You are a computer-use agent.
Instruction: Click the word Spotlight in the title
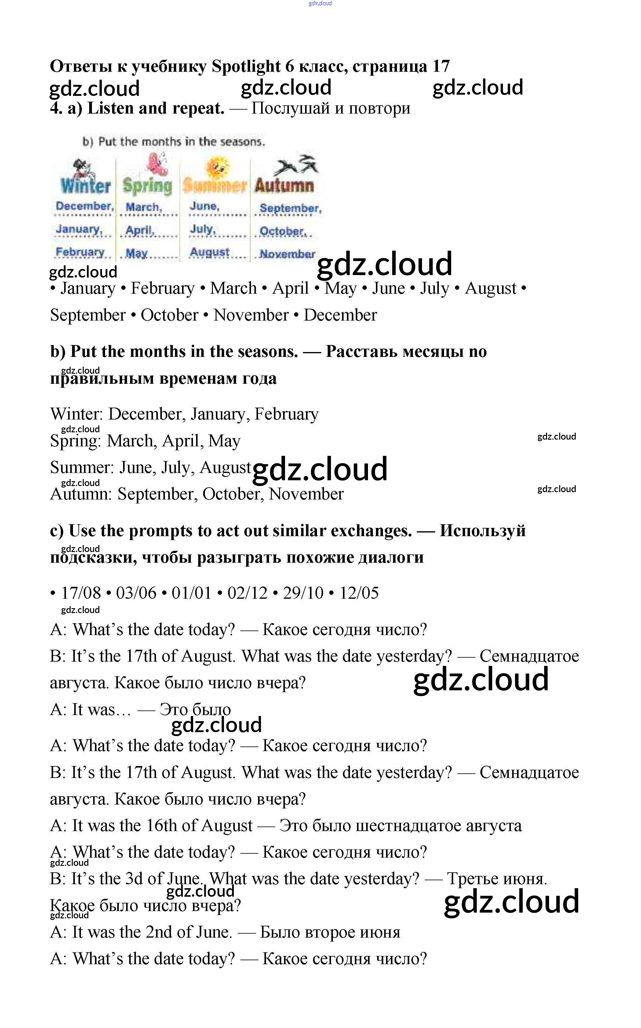coord(246,66)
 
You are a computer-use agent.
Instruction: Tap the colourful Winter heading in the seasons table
coord(85,186)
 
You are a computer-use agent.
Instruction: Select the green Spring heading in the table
coord(148,186)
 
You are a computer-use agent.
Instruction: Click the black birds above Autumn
coord(296,165)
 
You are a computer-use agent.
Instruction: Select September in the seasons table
coord(290,208)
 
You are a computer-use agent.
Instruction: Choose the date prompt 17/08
coord(81,593)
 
